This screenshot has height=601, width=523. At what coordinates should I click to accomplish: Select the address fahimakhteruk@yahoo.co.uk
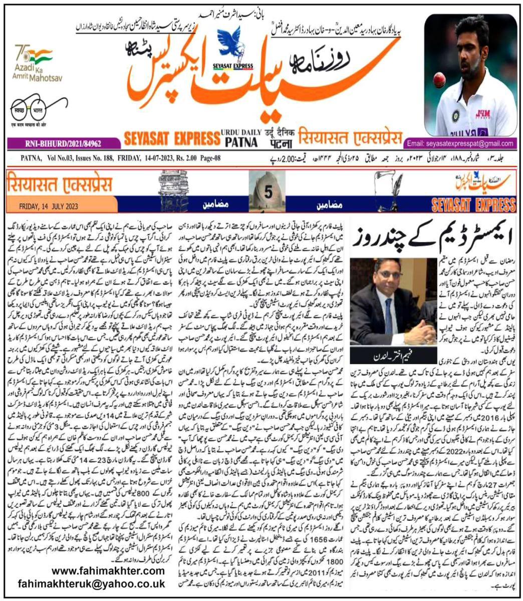[x=92, y=584]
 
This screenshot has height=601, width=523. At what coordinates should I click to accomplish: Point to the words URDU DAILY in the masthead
[x=242, y=131]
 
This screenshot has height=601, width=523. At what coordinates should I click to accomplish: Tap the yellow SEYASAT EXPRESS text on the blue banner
[x=474, y=204]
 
